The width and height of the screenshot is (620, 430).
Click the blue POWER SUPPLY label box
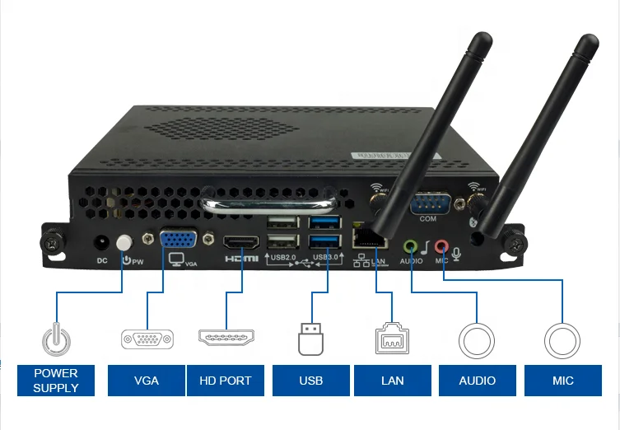(56, 381)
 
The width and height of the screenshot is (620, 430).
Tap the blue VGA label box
(146, 381)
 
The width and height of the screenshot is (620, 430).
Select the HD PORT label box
(226, 381)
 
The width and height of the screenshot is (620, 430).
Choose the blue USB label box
(310, 381)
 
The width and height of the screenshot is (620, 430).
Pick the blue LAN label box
(393, 381)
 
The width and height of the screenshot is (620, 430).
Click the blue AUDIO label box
(478, 381)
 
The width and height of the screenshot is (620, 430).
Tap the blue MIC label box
(563, 381)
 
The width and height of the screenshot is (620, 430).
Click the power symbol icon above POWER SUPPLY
(56, 339)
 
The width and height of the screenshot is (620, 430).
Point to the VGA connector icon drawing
(147, 339)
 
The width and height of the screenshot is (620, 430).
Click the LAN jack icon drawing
(393, 339)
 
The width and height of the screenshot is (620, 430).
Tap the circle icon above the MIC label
(563, 339)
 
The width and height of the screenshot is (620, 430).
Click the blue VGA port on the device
(178, 240)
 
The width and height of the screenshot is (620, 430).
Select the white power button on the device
(124, 243)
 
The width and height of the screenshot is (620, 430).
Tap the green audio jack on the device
(411, 245)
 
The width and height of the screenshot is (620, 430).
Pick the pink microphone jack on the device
(442, 245)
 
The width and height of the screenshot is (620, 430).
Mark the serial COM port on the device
(428, 203)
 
